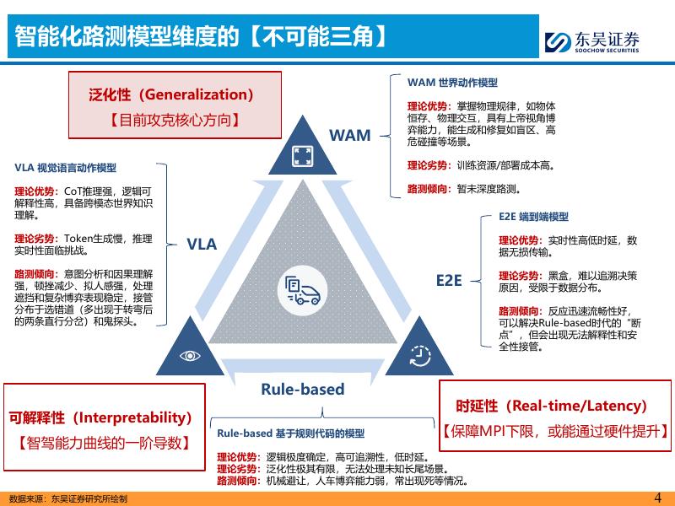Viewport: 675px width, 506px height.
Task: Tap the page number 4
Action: (x=658, y=498)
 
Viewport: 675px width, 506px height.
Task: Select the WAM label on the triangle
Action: (x=349, y=135)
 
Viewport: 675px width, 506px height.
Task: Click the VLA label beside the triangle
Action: (x=202, y=245)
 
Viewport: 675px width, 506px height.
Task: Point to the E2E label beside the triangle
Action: (x=449, y=280)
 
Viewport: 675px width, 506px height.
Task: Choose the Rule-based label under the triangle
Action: (x=302, y=389)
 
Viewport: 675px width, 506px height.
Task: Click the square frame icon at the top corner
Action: (x=302, y=155)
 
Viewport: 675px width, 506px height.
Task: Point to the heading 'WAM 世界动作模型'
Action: (x=452, y=83)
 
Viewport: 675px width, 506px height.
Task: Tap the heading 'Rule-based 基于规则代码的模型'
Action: (x=290, y=433)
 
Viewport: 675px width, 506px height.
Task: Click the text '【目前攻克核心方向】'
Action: (x=175, y=120)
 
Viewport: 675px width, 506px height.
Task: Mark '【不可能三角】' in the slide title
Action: (x=323, y=35)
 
